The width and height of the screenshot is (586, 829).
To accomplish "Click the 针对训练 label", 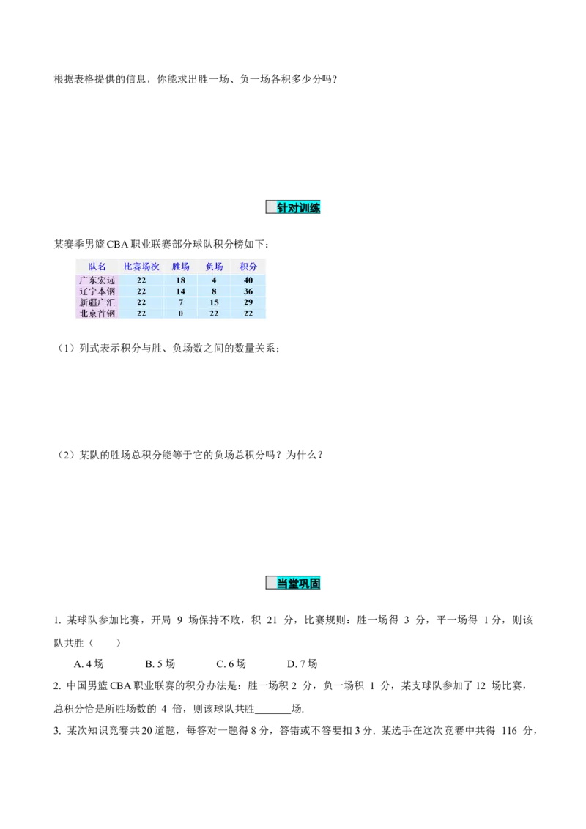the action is coord(299,208).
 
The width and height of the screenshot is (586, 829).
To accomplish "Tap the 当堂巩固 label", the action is coord(299,583).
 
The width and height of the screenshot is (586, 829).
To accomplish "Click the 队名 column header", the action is coord(97,267).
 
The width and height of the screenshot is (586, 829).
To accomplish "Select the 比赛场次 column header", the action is coord(141,267).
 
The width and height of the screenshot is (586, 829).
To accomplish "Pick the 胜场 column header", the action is coord(180,267).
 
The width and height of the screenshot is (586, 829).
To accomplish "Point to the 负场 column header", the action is coord(214,267).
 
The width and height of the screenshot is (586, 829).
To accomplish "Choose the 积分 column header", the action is coord(248,267).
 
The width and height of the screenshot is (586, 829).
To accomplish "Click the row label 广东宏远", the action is coord(97,280).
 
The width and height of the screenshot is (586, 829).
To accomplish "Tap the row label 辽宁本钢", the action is coord(97,291).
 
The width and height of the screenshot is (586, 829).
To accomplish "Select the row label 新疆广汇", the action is coord(97,302).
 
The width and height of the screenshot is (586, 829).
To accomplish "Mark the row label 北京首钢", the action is coord(97,313).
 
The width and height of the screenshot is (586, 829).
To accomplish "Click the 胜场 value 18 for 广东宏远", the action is coord(180,280).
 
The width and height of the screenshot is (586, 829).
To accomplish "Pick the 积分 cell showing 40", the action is coord(248,280).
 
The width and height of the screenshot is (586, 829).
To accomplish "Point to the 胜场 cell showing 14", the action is coord(180,291).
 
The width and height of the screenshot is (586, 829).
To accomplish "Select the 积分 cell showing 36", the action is coord(248,291).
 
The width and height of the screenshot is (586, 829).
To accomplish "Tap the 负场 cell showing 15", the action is coord(214,302).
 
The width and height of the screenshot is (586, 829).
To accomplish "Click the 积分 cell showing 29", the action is coord(248,302).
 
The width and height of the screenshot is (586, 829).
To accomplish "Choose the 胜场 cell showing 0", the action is coord(180,313).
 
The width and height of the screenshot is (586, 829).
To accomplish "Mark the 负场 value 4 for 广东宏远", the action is coord(214,280).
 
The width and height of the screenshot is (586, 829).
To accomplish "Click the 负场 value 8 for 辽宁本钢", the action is coord(214,291).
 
